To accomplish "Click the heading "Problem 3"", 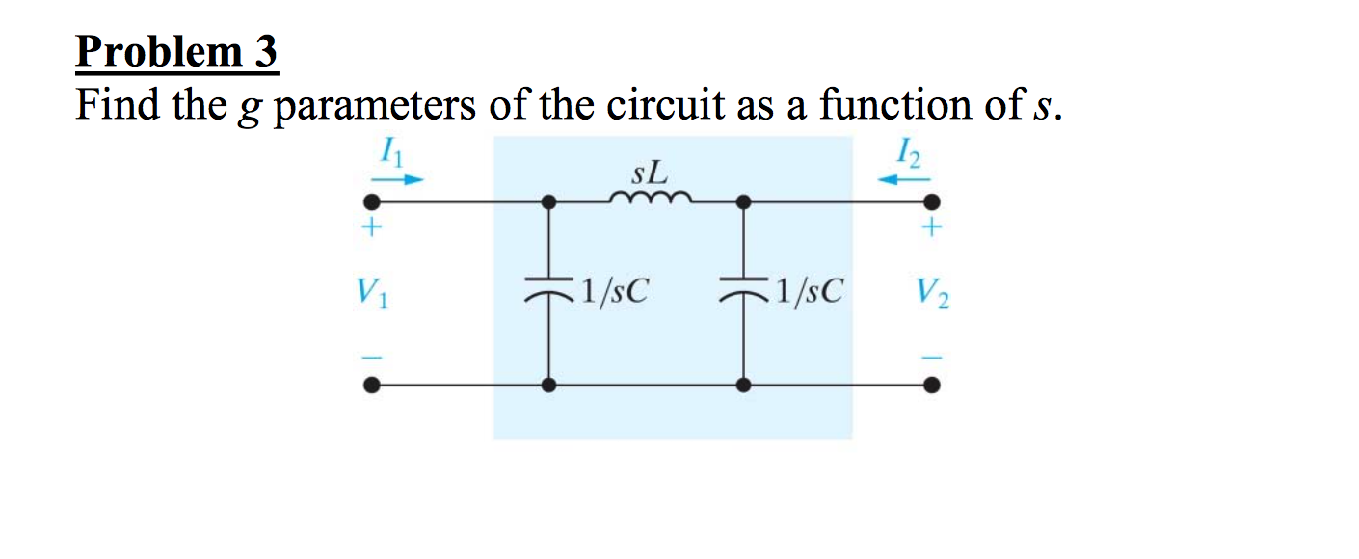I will [176, 53].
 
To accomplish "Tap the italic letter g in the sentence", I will [253, 108].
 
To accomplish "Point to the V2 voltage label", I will [933, 291].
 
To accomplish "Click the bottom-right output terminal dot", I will [931, 385].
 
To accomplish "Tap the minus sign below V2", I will [931, 355].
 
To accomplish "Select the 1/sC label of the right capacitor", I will [806, 290].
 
